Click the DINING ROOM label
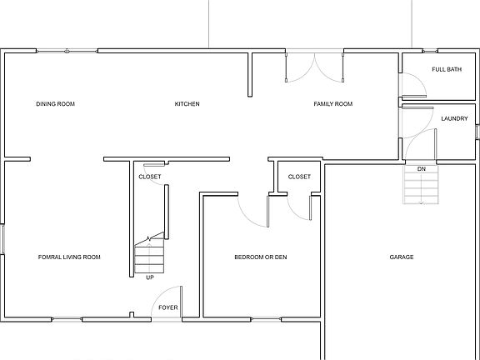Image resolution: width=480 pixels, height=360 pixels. (55, 104)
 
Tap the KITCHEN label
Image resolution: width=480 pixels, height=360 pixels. (187, 104)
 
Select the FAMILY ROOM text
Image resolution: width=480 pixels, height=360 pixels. (332, 104)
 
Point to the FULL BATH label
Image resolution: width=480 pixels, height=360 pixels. (446, 69)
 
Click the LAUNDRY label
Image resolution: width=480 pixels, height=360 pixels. (454, 118)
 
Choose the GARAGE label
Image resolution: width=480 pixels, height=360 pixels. (402, 257)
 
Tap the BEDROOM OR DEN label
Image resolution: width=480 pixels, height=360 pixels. (260, 257)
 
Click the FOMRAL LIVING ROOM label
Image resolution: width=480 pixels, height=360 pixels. (69, 257)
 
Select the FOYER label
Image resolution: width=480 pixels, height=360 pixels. (167, 307)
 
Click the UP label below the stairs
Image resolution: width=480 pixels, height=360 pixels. (149, 277)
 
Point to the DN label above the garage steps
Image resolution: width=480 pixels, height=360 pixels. (422, 169)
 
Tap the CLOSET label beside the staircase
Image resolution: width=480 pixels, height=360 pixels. (150, 177)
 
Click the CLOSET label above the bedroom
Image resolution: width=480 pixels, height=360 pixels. (299, 177)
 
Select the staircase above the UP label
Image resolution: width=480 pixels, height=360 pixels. (149, 255)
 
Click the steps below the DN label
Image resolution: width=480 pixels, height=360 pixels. (422, 189)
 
